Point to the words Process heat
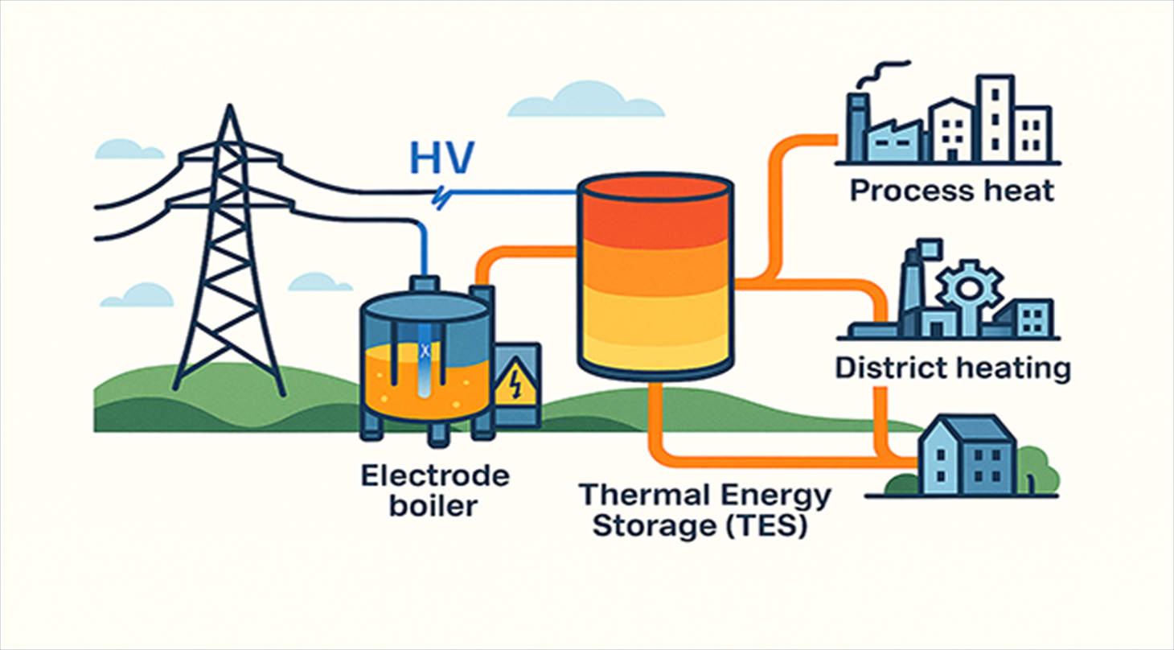coord(951,191)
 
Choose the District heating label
coord(953,368)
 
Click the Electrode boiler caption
coord(434,491)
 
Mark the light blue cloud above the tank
coord(585,101)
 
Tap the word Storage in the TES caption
coord(643,530)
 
